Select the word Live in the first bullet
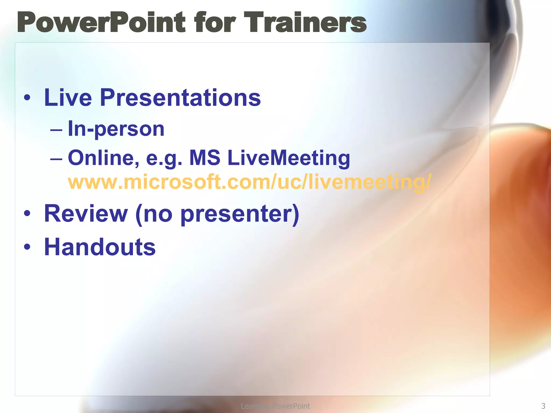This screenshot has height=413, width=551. pos(68,98)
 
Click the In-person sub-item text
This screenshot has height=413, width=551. pos(116,129)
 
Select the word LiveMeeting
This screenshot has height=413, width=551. pos(289,158)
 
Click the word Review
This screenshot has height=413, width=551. pos(86,214)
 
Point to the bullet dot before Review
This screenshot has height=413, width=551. pos(27,214)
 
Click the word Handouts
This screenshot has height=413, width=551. pos(100,247)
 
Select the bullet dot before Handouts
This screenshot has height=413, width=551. pos(27,247)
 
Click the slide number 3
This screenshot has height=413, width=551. pos(543,406)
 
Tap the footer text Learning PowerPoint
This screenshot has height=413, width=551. pos(275,406)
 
